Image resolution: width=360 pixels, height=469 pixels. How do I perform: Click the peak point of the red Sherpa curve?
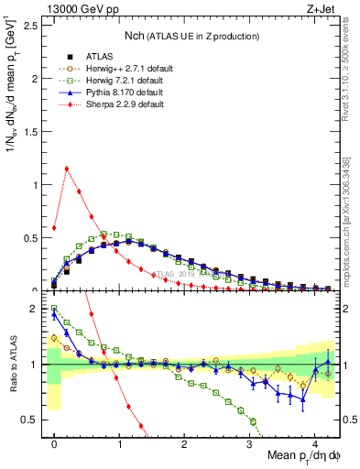[67, 169]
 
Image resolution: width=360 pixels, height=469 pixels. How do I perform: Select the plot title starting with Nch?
[191, 35]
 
